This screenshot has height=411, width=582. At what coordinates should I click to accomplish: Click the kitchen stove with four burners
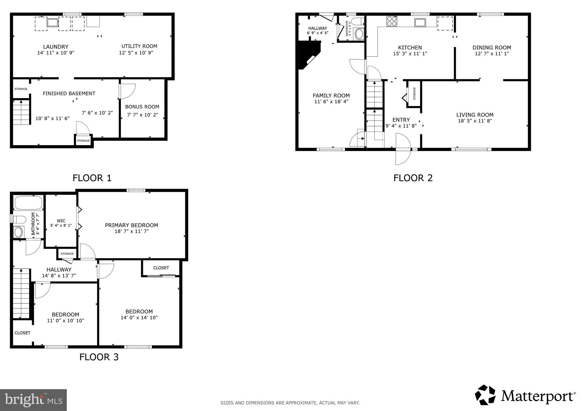392,21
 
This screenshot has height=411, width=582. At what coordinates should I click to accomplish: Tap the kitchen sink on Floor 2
420,22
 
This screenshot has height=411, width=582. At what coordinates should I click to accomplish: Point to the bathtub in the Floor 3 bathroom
28,203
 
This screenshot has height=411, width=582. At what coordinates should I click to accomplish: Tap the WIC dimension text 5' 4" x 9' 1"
61,225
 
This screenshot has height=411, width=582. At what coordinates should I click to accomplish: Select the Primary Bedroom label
131,225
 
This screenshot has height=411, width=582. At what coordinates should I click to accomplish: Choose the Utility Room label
139,46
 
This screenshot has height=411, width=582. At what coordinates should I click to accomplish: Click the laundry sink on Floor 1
52,23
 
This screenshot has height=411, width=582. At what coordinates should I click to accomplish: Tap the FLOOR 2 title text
413,178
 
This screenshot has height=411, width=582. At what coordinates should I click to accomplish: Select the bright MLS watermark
33,400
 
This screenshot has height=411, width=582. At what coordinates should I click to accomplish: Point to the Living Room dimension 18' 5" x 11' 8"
475,121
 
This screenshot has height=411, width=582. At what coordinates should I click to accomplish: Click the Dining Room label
492,47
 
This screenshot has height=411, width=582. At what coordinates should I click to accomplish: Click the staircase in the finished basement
21,112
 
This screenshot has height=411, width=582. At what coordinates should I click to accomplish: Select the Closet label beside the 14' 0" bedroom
161,268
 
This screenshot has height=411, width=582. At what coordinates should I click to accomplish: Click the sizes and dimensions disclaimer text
290,402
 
